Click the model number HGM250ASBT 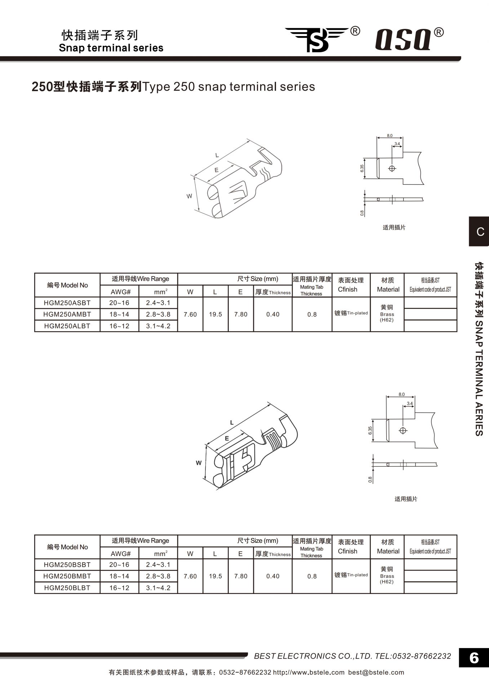67,303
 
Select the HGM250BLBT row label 67,588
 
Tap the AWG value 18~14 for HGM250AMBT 119,314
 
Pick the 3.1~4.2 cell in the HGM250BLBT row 158,588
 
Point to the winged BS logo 317,39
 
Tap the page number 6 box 474,658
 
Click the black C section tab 479,231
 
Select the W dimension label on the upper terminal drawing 189,196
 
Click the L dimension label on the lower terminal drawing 232,422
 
